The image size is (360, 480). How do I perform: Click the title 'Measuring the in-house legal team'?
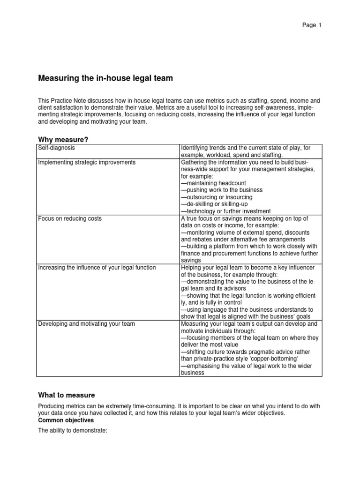tap(105, 79)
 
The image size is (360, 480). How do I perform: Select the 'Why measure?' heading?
tap(63, 139)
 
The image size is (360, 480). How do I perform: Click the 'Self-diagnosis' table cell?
tap(57, 148)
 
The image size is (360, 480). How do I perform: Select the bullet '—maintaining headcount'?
tap(213, 183)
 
